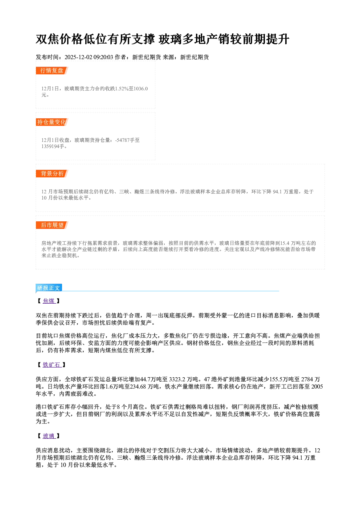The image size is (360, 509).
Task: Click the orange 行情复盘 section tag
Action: [52, 70]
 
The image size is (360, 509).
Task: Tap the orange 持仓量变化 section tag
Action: [52, 122]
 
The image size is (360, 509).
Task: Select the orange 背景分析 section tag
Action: [52, 174]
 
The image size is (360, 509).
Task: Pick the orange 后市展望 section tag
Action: [52, 225]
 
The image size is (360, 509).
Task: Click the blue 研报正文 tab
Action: [49, 288]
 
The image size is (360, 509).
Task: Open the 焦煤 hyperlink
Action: [49, 301]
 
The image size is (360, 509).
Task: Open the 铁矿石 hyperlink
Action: [52, 365]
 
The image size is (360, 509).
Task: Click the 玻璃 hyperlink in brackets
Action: [49, 436]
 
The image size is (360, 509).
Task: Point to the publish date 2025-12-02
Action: [78, 57]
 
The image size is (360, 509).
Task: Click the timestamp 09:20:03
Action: [103, 57]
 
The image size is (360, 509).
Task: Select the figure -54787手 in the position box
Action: [127, 140]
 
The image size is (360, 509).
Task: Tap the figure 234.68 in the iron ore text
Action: [138, 387]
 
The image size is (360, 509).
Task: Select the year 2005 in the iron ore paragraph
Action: [317, 387]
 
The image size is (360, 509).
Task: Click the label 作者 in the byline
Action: [120, 57]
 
